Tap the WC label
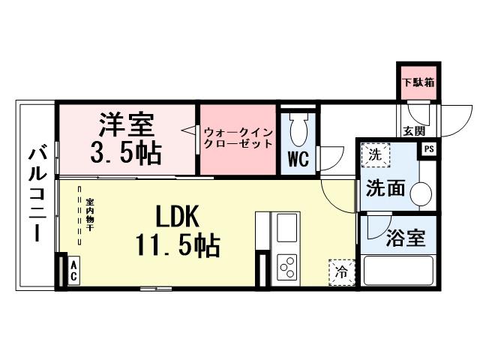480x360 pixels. [297, 160]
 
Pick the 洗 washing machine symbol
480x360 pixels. [373, 156]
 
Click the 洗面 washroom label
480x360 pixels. [385, 187]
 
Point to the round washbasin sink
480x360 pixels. [421, 193]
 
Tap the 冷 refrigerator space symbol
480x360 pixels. [340, 270]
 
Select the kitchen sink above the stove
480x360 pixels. [286, 227]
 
